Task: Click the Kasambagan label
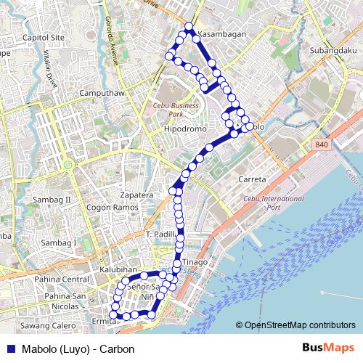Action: [224, 34]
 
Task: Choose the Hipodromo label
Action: [186, 129]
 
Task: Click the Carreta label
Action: [253, 179]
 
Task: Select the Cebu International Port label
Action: [274, 203]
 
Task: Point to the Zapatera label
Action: [136, 195]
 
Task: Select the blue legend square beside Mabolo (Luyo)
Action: [9, 348]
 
